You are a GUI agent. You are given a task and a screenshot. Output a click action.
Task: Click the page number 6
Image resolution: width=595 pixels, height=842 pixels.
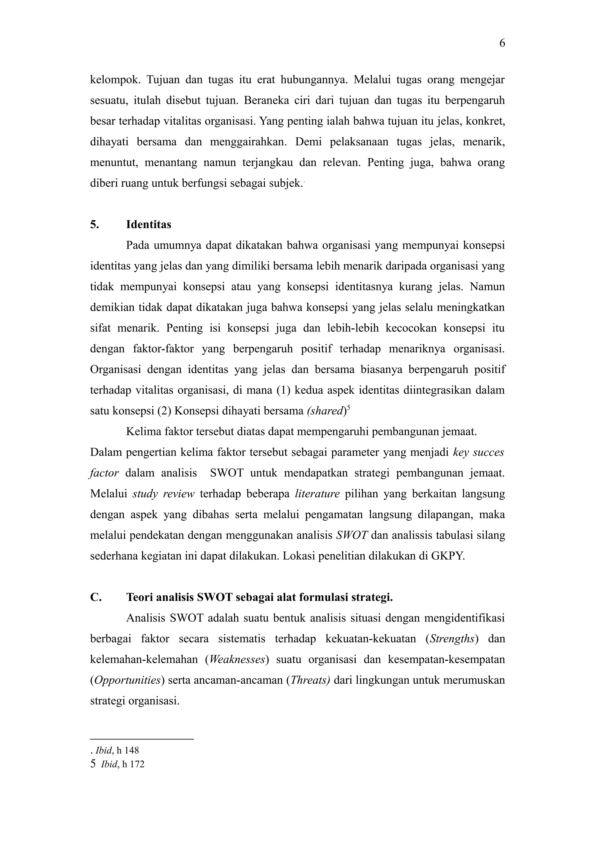pos(502,43)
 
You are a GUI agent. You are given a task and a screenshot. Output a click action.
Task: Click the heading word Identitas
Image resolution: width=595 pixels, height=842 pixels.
pos(148,224)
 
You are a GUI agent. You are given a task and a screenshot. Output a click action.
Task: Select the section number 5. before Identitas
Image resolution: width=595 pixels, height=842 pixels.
pos(95,224)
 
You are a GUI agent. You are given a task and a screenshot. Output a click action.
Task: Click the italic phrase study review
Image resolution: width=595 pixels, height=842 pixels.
pos(163,494)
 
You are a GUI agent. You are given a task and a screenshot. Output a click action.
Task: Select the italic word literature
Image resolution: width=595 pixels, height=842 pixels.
pos(317,494)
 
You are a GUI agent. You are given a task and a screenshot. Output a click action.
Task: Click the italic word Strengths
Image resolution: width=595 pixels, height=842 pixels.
pos(452,639)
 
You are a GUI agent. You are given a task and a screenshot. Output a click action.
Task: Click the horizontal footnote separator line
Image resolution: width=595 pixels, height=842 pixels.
pos(141,739)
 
